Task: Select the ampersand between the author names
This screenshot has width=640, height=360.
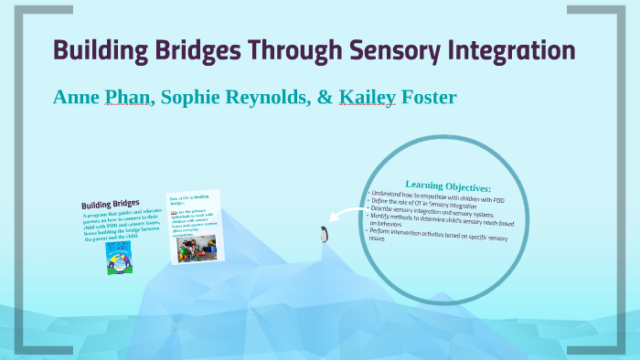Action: click(x=325, y=97)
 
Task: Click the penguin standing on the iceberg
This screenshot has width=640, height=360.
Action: click(x=323, y=235)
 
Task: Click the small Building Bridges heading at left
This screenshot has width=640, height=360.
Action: click(x=109, y=204)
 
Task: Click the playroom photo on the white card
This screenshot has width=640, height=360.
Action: click(x=195, y=246)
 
